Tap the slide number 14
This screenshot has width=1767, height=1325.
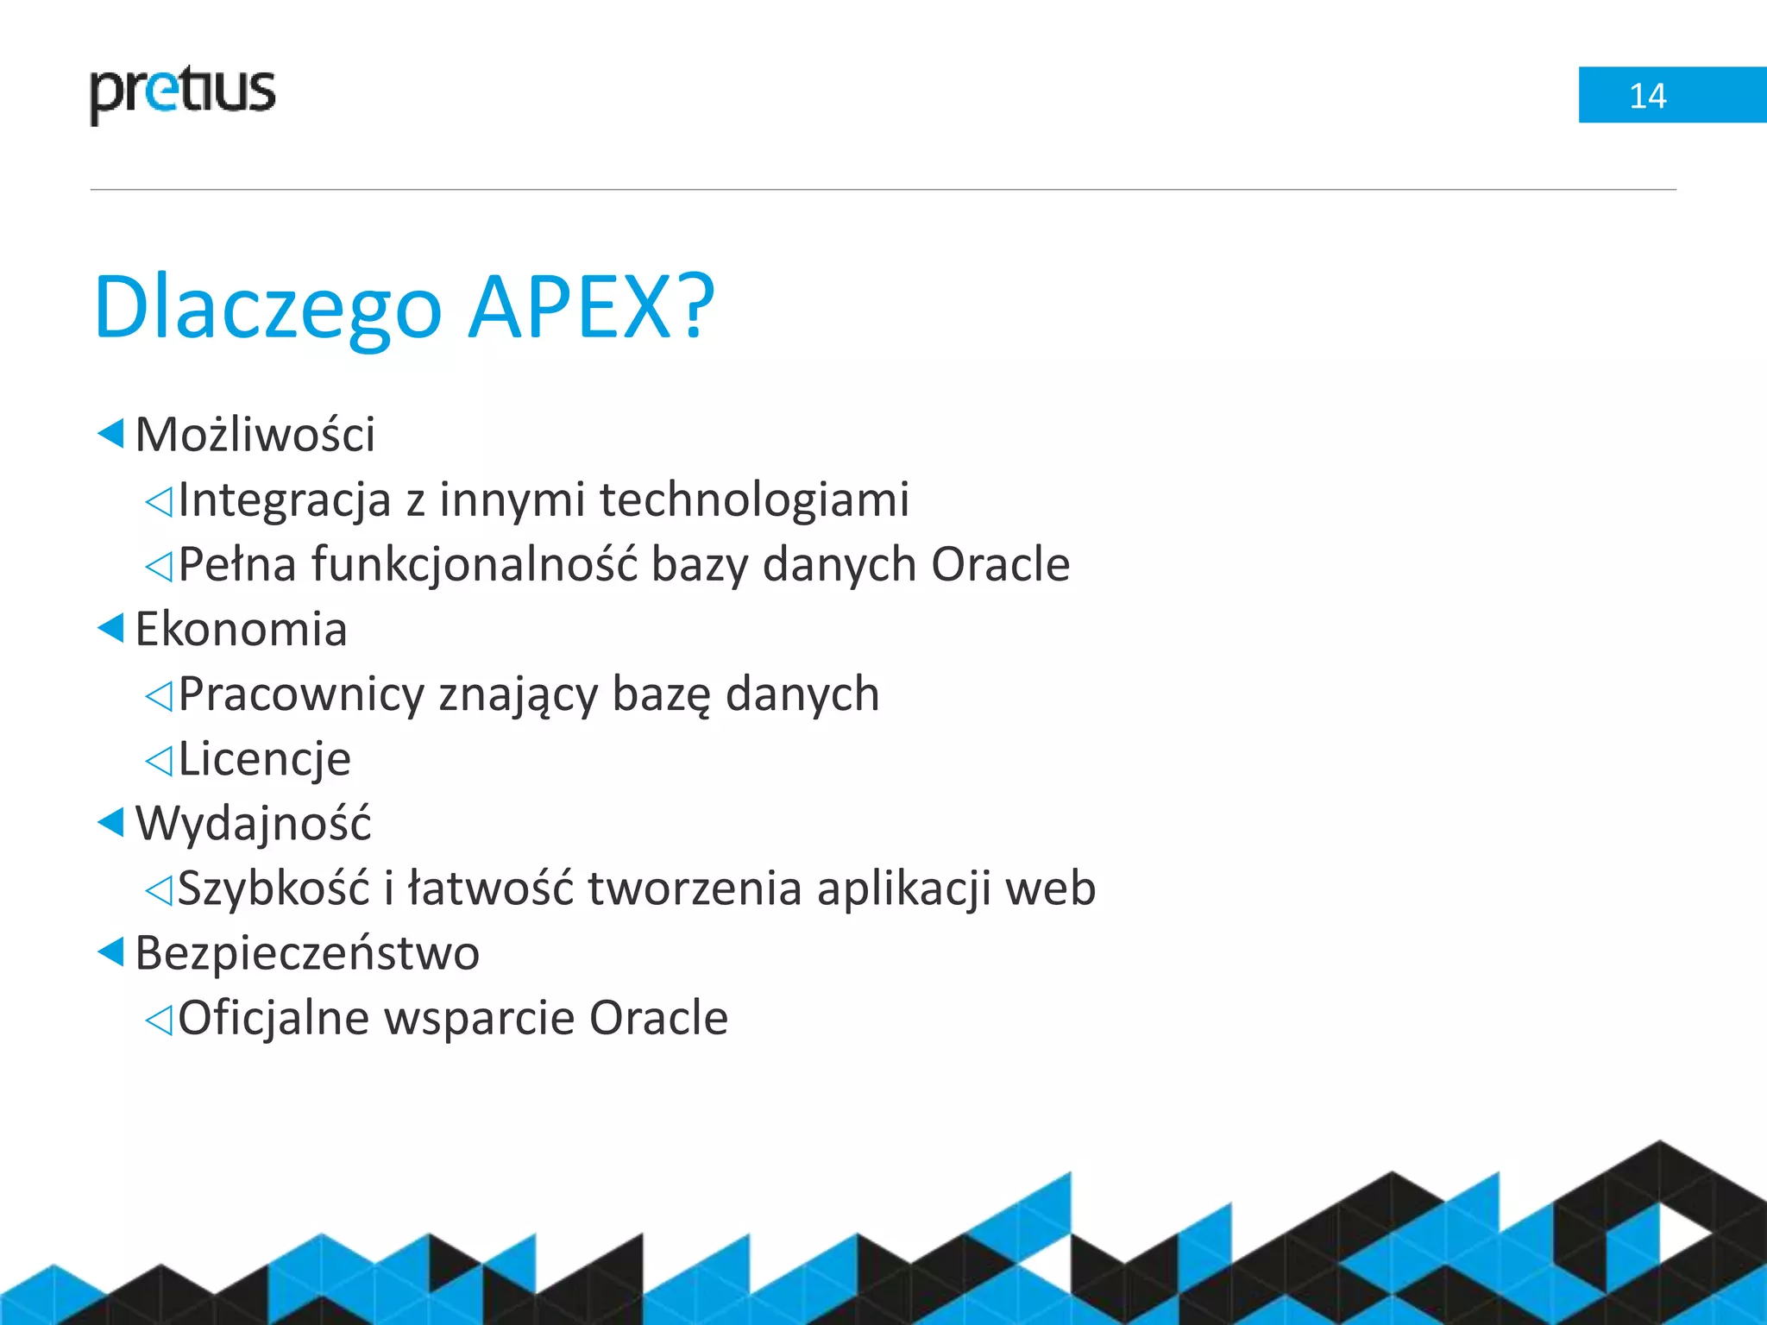[1647, 96]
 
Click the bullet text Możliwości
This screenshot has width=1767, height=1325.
[255, 434]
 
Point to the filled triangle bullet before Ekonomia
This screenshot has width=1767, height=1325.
[111, 628]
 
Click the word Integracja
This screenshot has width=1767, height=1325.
[285, 500]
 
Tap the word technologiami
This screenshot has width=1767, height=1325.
[754, 500]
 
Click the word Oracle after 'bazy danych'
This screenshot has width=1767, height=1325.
[1000, 565]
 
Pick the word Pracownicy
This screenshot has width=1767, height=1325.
[301, 694]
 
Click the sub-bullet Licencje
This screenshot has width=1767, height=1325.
[264, 759]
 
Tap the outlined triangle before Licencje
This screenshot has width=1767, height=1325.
[160, 761]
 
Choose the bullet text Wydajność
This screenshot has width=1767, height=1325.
[253, 824]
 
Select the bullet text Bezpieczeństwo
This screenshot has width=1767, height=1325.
[307, 953]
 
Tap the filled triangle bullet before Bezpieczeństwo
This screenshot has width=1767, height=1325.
[111, 952]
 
